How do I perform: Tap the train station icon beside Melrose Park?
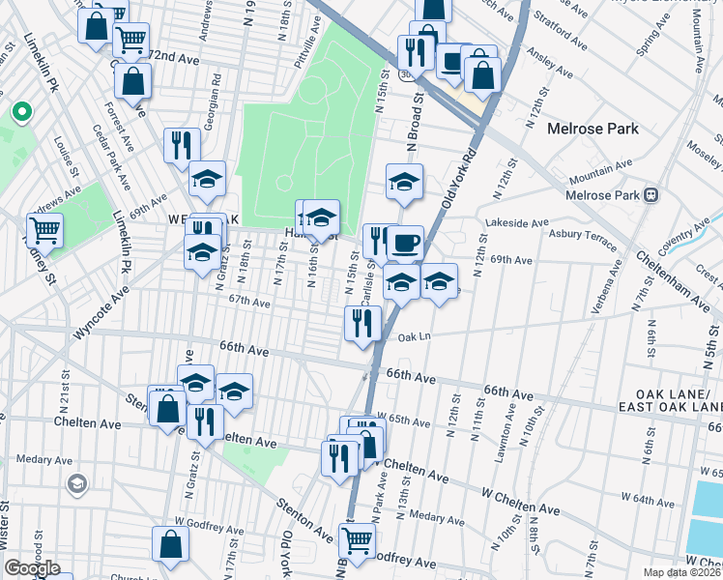coord(651,194)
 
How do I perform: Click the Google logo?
coord(32,568)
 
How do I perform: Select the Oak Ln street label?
coord(412,337)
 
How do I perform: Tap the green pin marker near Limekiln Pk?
coord(20,114)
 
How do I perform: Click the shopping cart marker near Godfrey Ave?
coord(357,540)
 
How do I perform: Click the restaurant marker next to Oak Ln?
coord(362,322)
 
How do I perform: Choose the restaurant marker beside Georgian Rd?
coord(182,144)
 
